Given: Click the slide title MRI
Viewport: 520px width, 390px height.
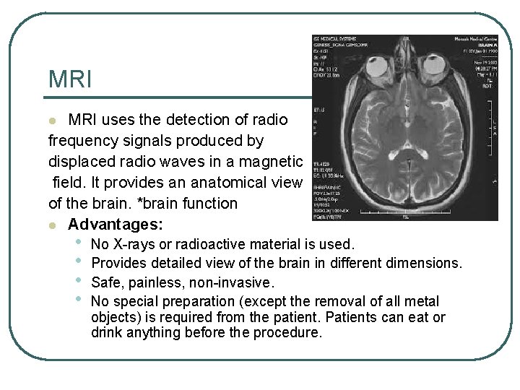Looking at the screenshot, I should tap(70, 79).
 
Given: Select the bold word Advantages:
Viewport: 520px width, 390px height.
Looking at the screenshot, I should tap(116, 224).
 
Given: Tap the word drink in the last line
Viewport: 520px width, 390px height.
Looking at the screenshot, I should tap(107, 333).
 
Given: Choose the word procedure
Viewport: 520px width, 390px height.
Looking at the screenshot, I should tap(292, 333).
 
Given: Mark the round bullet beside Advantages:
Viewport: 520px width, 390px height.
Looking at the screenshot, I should tap(51, 225).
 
